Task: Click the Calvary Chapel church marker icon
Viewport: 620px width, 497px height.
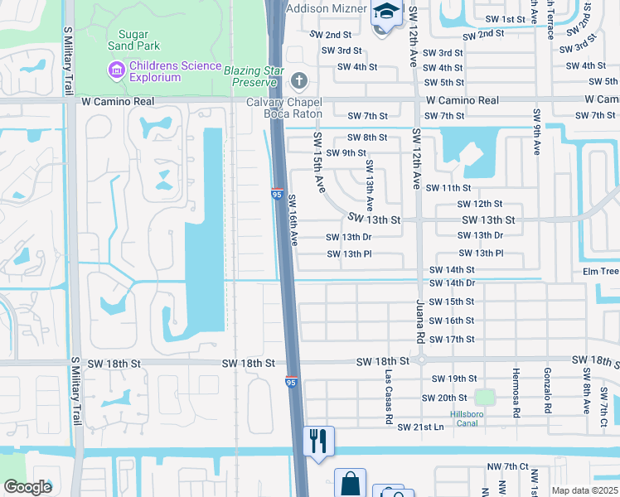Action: [x=299, y=81]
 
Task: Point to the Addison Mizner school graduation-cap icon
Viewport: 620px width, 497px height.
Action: [x=385, y=12]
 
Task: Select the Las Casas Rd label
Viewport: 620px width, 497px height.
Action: [x=388, y=397]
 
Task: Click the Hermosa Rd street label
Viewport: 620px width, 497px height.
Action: [x=516, y=392]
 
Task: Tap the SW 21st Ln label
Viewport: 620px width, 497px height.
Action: [x=420, y=427]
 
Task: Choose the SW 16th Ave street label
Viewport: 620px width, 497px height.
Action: [x=293, y=220]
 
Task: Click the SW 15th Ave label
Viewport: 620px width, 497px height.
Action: [x=318, y=162]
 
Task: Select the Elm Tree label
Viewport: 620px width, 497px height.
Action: [x=601, y=271]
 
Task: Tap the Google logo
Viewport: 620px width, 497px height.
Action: [x=27, y=487]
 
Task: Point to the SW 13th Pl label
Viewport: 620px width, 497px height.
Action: [x=349, y=254]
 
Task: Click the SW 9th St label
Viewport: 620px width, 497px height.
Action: [x=346, y=153]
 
